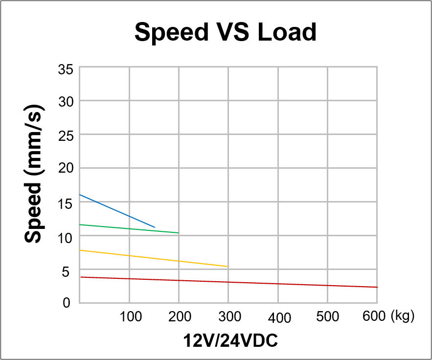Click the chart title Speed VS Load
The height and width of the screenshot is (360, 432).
[x=226, y=32]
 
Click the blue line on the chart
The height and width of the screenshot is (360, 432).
[x=117, y=211]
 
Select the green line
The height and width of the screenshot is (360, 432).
[x=129, y=228]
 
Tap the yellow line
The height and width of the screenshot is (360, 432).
[x=154, y=258]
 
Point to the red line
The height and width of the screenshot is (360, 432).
[x=228, y=282]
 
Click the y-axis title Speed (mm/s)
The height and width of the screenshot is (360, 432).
[x=34, y=173]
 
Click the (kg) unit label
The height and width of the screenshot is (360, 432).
[x=403, y=316]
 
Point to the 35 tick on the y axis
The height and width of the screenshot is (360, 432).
[x=66, y=69]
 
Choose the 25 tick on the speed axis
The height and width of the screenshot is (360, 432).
[x=66, y=135]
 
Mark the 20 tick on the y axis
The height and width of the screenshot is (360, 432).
[x=66, y=169]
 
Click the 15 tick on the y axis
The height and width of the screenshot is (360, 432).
[x=66, y=202]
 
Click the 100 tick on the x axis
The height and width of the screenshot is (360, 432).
[x=131, y=316]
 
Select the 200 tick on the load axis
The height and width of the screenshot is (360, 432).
[x=180, y=316]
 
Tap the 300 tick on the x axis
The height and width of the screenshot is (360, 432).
[x=229, y=316]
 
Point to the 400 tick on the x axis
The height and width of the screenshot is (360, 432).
[x=279, y=317]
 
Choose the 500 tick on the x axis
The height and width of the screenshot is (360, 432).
[x=327, y=316]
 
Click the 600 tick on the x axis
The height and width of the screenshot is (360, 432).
[x=374, y=316]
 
